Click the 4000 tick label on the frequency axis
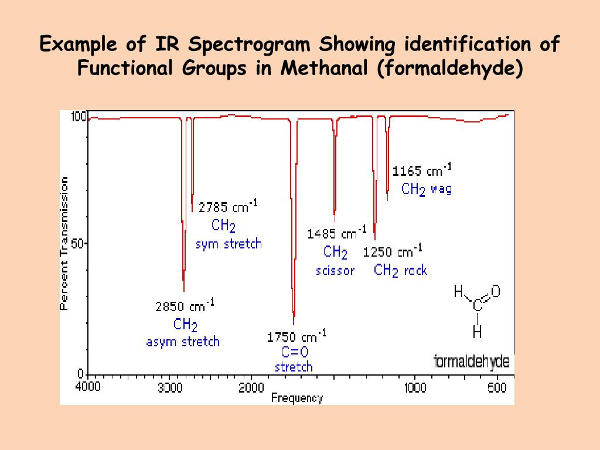pos(88,386)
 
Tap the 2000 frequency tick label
pos(252,387)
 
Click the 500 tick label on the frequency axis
pos(497,387)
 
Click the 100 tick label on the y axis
pos(79,117)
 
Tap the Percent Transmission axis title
pos(64,243)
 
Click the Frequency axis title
pos(296,398)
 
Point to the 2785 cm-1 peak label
pos(228,207)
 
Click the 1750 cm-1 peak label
pos(296,337)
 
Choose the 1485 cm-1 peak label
pos(337,234)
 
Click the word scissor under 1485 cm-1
pos(335,271)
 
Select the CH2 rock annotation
pos(401,270)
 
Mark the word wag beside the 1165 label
pos(441,189)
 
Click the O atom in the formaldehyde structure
pos(495,291)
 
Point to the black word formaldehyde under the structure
pos(471,362)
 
